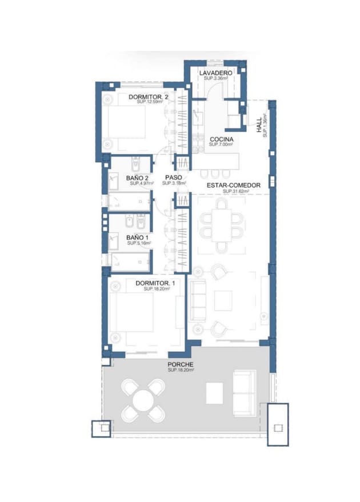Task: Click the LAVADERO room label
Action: (x=215, y=74)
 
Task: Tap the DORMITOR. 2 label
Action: (x=148, y=97)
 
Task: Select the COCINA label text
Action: (x=220, y=140)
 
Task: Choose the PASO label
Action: (x=173, y=178)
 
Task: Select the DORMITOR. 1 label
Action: (x=155, y=283)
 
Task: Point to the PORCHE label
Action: (x=180, y=364)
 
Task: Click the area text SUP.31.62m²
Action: (x=235, y=191)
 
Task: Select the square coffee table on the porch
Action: (x=214, y=392)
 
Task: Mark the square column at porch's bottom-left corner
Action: (x=102, y=428)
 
